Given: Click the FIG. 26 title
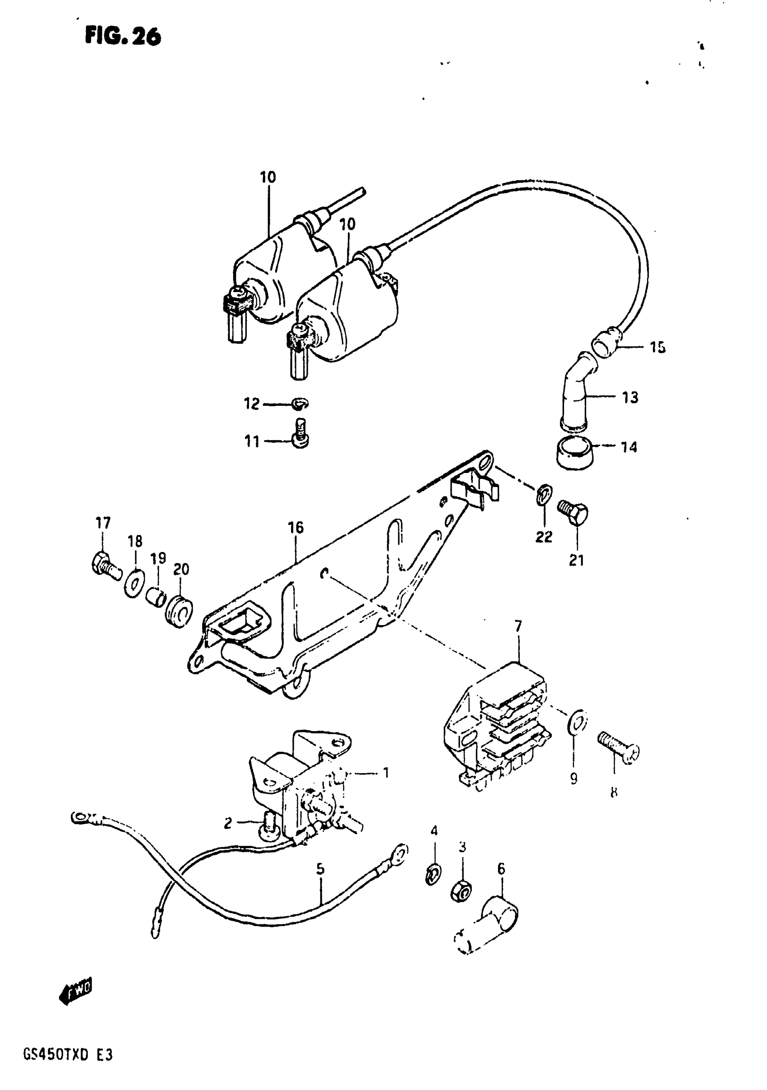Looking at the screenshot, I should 123,36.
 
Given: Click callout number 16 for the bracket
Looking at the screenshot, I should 295,528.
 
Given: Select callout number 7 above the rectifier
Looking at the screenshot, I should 518,626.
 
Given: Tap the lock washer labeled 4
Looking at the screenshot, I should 432,874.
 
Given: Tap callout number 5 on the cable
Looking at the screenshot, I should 320,869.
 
